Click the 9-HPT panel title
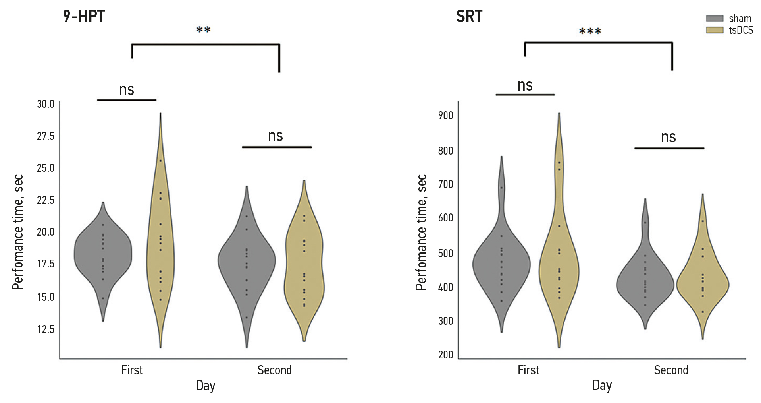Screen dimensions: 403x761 pyautogui.click(x=84, y=17)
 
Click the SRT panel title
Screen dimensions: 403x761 pyautogui.click(x=469, y=17)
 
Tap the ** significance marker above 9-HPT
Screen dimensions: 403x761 pyautogui.click(x=203, y=30)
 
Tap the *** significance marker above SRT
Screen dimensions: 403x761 pyautogui.click(x=590, y=32)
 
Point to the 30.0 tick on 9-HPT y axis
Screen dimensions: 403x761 pyautogui.click(x=46, y=104)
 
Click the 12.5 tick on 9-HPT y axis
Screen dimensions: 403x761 pyautogui.click(x=46, y=329)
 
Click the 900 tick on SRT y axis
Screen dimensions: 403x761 pyautogui.click(x=445, y=116)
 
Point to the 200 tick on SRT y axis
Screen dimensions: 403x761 pyautogui.click(x=445, y=355)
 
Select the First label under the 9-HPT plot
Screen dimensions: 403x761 pyautogui.click(x=131, y=370)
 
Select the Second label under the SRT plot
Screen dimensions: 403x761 pyautogui.click(x=671, y=370)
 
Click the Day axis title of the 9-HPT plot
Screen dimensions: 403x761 pyautogui.click(x=205, y=386)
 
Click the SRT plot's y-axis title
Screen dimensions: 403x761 pyautogui.click(x=421, y=232)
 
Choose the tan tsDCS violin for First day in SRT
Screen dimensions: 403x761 pyautogui.click(x=559, y=258)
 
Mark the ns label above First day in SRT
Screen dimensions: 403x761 pyautogui.click(x=525, y=85)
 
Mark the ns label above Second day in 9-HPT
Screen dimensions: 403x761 pyautogui.click(x=276, y=136)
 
